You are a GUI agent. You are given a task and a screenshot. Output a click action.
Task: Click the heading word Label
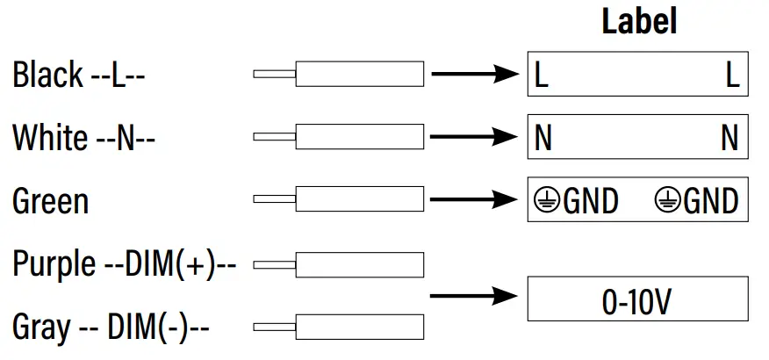[639, 22]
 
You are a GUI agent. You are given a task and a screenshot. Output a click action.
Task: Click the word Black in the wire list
[47, 76]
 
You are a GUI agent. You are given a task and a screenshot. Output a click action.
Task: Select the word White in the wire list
[50, 138]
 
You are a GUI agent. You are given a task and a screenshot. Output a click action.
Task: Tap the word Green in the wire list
[50, 201]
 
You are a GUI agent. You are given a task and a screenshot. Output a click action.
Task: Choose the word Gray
[41, 328]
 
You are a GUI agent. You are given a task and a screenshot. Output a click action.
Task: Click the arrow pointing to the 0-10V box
[475, 296]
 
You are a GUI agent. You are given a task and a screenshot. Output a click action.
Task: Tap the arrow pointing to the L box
[475, 75]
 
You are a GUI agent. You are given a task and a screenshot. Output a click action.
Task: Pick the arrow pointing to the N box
[475, 137]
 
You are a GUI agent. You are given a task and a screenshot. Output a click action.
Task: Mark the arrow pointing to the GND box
[475, 200]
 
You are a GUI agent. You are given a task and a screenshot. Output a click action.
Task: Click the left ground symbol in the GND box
[545, 201]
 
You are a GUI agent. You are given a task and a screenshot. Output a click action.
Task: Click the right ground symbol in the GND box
[667, 201]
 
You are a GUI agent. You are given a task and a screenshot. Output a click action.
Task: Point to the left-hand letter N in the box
[543, 139]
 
